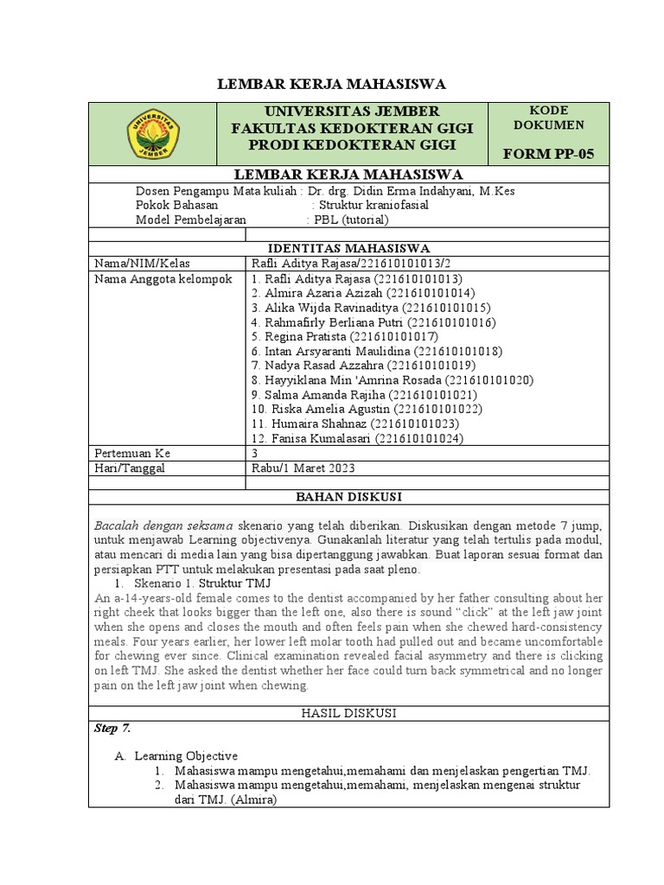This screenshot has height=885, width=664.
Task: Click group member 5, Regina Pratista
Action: (x=345, y=335)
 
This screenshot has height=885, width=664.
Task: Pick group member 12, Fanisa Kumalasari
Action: (x=357, y=438)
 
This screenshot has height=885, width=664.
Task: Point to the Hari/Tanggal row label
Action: (x=130, y=468)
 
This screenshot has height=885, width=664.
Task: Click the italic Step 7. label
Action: (x=112, y=728)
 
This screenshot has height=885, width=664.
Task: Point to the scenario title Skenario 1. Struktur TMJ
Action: (x=202, y=584)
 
